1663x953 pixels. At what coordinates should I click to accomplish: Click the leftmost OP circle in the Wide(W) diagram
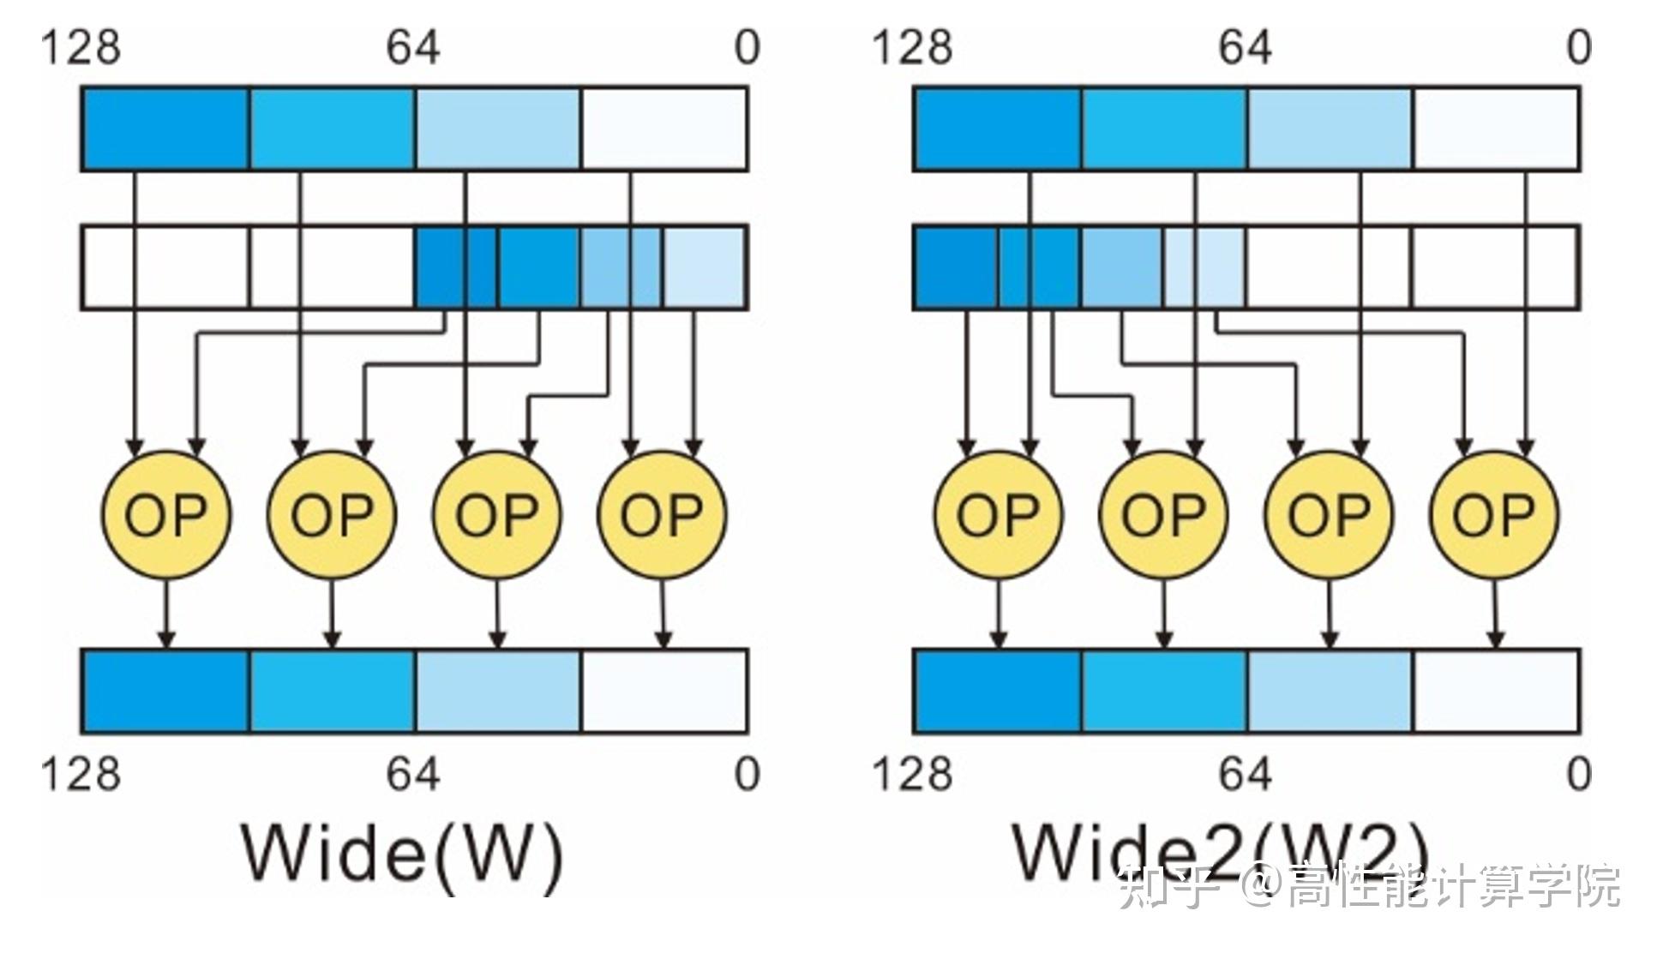coord(166,515)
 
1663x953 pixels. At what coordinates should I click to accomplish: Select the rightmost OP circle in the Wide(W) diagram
coord(662,515)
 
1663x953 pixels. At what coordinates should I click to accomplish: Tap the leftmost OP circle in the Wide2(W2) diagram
coord(998,515)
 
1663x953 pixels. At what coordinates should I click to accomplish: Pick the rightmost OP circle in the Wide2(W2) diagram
coord(1494,515)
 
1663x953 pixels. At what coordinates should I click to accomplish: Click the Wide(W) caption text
coord(403,853)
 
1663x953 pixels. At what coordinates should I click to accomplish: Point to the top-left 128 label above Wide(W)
coord(81,47)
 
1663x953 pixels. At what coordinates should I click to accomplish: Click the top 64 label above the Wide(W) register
coord(412,47)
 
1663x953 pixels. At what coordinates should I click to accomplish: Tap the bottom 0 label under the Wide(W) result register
coord(747,774)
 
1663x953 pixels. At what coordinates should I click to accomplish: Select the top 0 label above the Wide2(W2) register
coord(1579,47)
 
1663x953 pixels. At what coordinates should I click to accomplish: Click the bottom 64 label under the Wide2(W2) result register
coord(1245,774)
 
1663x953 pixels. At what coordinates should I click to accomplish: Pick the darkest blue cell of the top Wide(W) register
coord(166,129)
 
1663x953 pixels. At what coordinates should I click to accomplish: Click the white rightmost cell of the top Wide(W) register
coord(663,129)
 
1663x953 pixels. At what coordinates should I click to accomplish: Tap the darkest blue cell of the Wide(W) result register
coord(166,691)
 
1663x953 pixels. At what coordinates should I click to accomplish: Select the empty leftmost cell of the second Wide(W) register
coord(166,267)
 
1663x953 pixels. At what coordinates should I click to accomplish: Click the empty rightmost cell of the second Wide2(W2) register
coord(1494,267)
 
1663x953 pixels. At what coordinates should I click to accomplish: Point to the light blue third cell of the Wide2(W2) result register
coord(1330,691)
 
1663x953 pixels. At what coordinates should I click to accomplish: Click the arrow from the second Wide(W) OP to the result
coord(333,613)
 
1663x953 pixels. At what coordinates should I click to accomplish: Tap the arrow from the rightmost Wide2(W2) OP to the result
coord(1495,613)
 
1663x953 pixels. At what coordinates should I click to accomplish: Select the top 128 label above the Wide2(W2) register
coord(912,47)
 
